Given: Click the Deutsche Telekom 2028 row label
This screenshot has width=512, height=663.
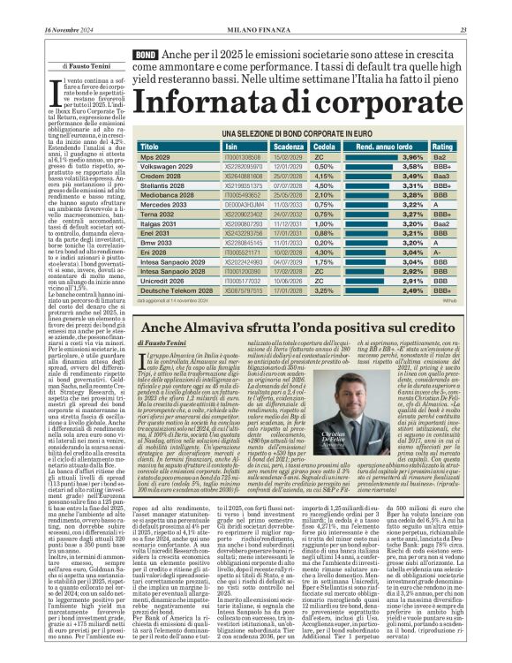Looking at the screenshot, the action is point(176,290).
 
